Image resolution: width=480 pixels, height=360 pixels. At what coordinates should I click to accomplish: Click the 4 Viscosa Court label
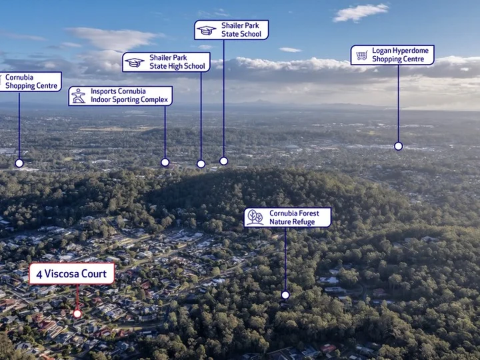tap(71, 273)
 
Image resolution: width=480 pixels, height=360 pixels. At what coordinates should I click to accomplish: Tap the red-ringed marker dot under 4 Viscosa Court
tap(77, 314)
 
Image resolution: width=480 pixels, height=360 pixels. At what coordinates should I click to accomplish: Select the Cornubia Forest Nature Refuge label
tap(287, 217)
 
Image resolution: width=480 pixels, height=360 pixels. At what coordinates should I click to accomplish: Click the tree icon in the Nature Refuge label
tap(255, 217)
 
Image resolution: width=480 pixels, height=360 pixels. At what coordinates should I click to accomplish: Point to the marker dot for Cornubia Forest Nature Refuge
tap(285, 295)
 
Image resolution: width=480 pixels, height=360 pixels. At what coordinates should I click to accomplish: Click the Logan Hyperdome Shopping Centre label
tap(393, 55)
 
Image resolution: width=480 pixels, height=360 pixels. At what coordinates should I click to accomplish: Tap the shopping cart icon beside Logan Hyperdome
tap(361, 55)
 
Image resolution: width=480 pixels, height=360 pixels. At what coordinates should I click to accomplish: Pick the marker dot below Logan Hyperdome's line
tap(398, 146)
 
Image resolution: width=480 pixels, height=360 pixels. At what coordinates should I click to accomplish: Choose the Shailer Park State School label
tap(231, 30)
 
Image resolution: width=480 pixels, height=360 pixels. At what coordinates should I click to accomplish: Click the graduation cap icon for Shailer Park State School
tap(206, 30)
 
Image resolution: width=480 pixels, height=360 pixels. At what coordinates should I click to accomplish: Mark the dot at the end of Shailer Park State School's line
tap(224, 161)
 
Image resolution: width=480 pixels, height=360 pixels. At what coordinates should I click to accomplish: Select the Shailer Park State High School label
tap(166, 62)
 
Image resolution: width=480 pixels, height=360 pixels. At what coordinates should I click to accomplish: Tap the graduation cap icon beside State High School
tap(135, 63)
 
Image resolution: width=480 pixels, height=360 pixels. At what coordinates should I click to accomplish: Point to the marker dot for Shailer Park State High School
tap(201, 164)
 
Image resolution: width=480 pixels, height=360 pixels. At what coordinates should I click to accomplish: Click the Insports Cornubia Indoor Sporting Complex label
tap(120, 96)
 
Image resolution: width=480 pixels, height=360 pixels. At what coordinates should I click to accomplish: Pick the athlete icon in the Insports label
tap(79, 96)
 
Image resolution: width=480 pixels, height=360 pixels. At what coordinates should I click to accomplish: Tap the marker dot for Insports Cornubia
tap(165, 162)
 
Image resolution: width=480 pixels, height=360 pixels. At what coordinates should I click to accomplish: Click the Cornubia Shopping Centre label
tap(30, 82)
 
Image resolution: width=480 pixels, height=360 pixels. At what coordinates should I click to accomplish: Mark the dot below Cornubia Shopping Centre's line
tap(19, 163)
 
